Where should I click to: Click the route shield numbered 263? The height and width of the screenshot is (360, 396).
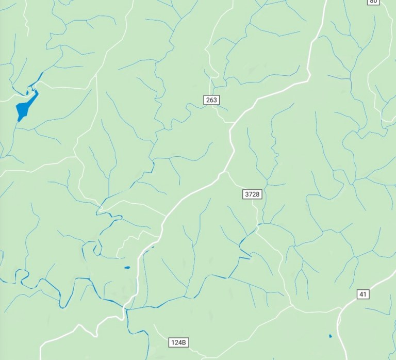tap(211, 100)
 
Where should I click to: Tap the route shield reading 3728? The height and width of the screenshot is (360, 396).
tap(252, 194)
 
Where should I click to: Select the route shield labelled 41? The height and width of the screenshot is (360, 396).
tap(363, 294)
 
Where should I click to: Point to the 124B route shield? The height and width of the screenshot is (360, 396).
tap(179, 342)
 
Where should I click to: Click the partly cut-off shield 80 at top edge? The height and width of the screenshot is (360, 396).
tap(373, 2)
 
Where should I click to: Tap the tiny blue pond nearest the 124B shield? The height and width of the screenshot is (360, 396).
tap(127, 268)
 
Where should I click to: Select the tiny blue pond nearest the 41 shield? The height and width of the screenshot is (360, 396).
tap(331, 336)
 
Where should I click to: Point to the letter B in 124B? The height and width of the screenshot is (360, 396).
tap(186, 342)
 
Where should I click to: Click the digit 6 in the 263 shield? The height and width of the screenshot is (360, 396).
tap(211, 100)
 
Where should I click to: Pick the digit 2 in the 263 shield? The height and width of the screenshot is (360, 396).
tap(207, 100)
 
